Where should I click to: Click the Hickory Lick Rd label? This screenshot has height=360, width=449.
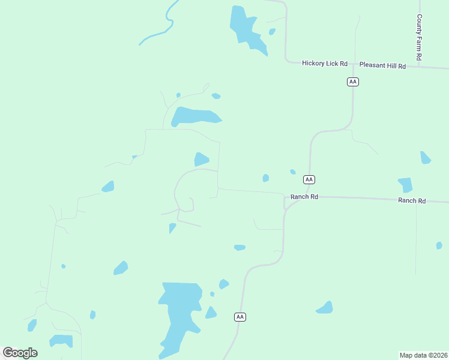325,63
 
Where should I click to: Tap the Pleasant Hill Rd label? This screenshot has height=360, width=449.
382,65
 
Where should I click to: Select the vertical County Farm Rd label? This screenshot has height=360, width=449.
420,37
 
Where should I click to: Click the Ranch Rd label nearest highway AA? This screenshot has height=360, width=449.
304,197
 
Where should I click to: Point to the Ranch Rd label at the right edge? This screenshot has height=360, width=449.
412,200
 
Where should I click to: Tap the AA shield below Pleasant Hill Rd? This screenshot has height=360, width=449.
353,82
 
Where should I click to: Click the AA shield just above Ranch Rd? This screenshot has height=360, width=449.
309,179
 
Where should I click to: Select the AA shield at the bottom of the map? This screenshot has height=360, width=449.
240,317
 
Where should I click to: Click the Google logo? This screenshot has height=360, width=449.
20,353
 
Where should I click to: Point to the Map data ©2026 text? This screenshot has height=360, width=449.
423,355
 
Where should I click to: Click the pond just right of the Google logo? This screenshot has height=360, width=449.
61,341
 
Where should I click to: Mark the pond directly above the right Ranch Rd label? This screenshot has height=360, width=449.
406,185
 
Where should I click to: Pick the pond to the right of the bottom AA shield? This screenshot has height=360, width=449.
325,308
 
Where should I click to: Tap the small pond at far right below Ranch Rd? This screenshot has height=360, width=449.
439,245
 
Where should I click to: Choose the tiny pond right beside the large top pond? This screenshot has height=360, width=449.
272,31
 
